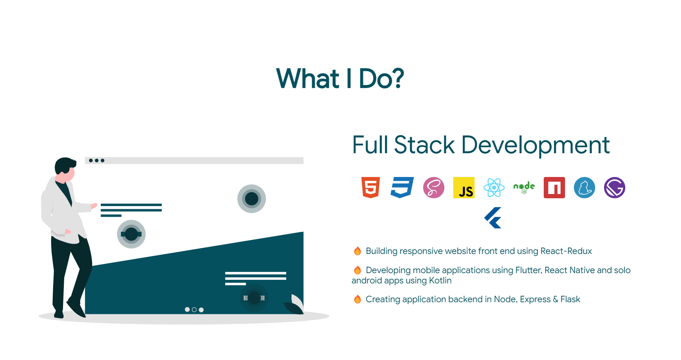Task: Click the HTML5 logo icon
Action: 371,187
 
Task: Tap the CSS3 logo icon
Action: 402,187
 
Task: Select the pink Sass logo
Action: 433,188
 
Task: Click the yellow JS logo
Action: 464,188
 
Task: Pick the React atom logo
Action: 494,188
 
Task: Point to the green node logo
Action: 524,188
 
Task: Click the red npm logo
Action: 554,188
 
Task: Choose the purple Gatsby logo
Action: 615,188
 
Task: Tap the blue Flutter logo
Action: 493,218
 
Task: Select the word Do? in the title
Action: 381,78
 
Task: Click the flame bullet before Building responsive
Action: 358,251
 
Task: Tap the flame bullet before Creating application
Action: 358,299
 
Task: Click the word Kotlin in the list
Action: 440,281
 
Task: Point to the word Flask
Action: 570,299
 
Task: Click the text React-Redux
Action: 566,251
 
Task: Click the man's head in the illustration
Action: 65,168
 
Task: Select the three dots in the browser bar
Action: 96,161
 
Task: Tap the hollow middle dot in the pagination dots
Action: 194,310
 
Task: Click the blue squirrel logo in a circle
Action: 585,188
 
